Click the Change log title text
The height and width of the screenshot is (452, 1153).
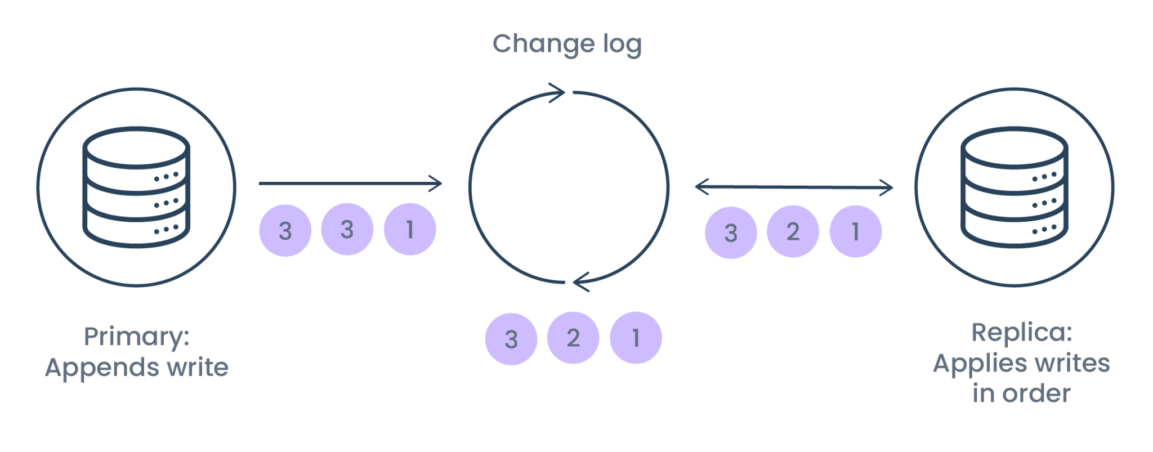click(567, 44)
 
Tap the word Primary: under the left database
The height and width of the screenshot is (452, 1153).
click(137, 337)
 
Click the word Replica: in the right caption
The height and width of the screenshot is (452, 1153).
click(1021, 333)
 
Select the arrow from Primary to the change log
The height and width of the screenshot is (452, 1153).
click(350, 183)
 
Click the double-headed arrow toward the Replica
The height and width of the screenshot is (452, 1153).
click(794, 187)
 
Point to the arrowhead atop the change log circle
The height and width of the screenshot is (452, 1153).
click(557, 92)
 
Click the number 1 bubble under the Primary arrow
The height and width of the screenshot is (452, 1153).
click(410, 229)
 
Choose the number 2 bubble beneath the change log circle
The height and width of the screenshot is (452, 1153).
click(573, 338)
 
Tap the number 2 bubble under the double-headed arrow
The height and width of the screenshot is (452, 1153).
click(793, 231)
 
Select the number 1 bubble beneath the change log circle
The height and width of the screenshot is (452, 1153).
click(636, 338)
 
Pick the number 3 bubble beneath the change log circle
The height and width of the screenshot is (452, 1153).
click(511, 339)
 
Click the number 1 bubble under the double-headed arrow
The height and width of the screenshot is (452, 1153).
click(855, 231)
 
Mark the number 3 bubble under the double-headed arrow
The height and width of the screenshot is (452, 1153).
click(730, 232)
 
